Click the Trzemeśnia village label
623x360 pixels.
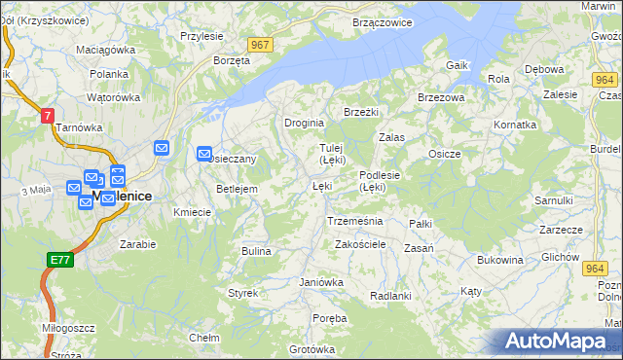coord(354,221)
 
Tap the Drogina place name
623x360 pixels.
coord(304,124)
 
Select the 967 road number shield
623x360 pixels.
coord(259,45)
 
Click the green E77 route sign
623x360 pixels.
coord(58,260)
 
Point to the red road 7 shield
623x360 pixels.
coord(47,115)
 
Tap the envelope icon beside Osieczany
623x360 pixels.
coord(204,153)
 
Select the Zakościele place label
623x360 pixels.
coord(361,244)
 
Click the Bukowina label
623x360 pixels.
coord(500,260)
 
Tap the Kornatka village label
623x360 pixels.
coord(515,125)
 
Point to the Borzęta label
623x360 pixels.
coord(232,59)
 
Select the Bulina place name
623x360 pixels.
coord(256,251)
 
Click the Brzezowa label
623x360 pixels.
coord(441,97)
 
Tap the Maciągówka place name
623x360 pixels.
coord(106,49)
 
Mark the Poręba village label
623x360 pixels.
coord(330,318)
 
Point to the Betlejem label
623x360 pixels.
coord(237,189)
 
